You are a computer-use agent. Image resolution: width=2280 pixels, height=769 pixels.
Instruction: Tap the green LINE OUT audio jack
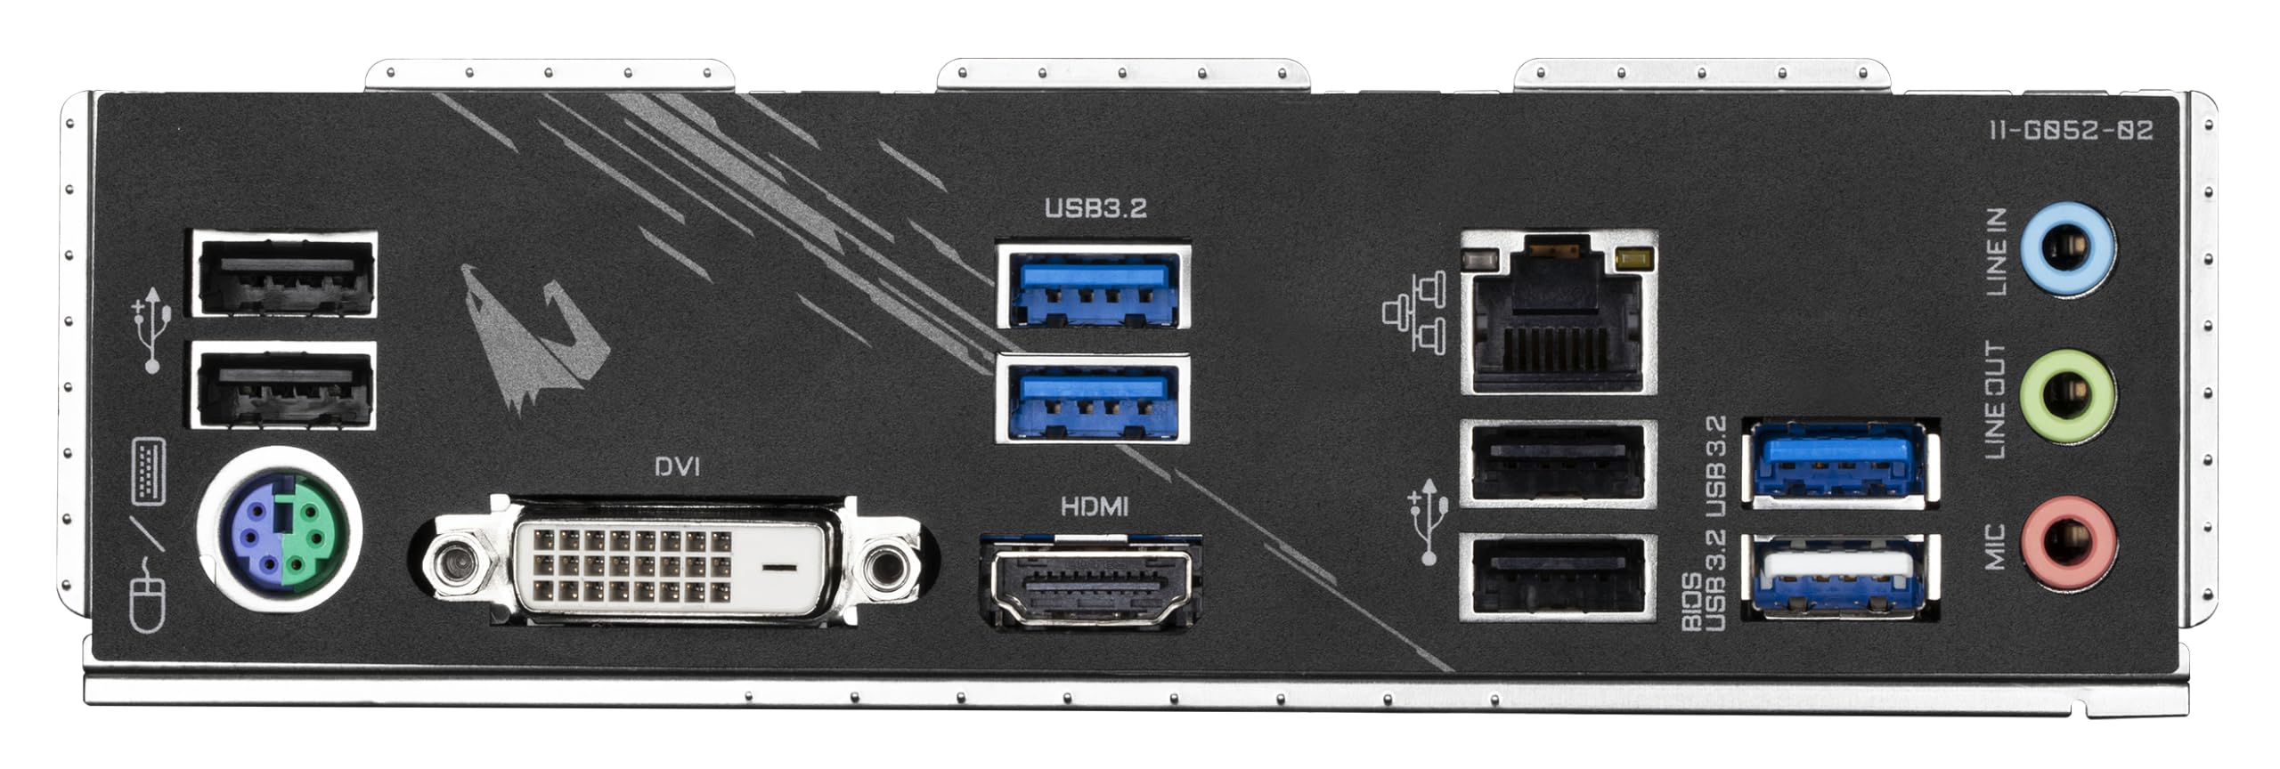2068,397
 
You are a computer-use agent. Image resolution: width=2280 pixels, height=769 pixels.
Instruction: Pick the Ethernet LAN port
1559,312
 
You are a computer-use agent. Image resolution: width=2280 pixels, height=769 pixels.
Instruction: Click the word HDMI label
1095,507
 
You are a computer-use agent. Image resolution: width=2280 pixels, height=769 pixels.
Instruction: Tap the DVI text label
677,466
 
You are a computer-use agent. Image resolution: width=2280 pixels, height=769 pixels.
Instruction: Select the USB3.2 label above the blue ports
1095,208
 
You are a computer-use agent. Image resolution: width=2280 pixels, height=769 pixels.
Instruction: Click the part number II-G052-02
2071,131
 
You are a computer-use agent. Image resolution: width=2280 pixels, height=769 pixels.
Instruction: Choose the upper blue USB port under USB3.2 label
1093,284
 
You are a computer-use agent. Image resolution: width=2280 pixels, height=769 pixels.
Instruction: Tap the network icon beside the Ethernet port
1414,313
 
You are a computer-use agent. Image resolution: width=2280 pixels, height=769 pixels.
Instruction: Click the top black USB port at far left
283,273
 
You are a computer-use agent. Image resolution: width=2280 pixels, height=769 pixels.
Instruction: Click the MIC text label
1995,546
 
